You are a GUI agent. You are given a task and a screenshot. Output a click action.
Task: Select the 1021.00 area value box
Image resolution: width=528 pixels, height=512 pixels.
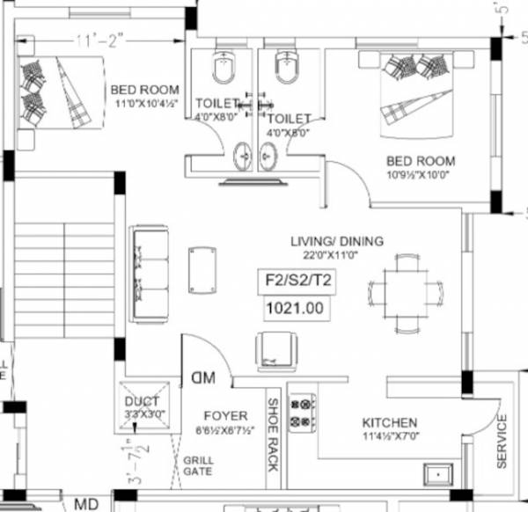297,309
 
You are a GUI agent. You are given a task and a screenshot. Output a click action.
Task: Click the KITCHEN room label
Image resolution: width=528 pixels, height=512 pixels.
388,423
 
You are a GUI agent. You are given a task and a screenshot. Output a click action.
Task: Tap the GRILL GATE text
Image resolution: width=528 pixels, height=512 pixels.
199,466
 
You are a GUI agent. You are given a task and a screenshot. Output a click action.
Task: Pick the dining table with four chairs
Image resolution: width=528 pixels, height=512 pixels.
406,289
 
